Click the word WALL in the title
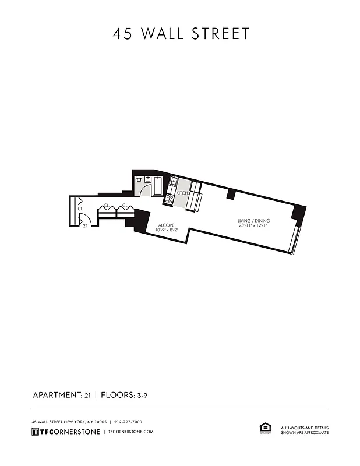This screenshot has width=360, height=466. point(161,34)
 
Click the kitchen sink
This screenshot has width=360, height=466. point(173,181)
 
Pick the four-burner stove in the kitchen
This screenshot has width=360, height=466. point(170,199)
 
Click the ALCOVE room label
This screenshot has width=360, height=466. point(166,225)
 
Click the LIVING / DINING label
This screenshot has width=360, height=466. point(253,220)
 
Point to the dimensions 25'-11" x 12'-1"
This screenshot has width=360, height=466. point(253,225)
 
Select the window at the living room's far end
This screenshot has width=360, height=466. point(297,240)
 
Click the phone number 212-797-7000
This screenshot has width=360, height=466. point(128,422)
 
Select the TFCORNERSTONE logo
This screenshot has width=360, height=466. point(65,432)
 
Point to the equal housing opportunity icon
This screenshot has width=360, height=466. point(263,429)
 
